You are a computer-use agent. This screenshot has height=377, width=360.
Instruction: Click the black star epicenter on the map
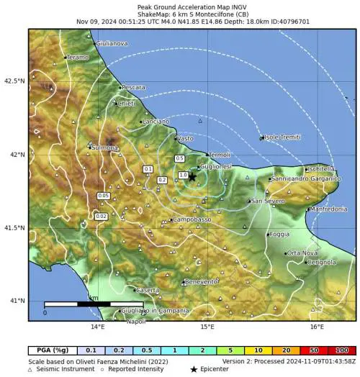click(x=192, y=176)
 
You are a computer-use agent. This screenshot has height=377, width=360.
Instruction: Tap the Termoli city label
click(x=218, y=155)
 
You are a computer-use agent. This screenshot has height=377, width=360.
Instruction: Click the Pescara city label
click(x=134, y=87)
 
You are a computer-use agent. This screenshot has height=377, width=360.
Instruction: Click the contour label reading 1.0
click(x=183, y=175)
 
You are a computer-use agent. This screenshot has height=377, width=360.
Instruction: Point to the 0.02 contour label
click(x=102, y=216)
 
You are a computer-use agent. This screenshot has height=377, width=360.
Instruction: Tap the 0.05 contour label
click(x=104, y=196)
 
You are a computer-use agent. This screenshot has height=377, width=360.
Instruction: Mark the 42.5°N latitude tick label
click(x=14, y=81)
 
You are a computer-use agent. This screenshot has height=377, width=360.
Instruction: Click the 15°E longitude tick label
click(x=207, y=327)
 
